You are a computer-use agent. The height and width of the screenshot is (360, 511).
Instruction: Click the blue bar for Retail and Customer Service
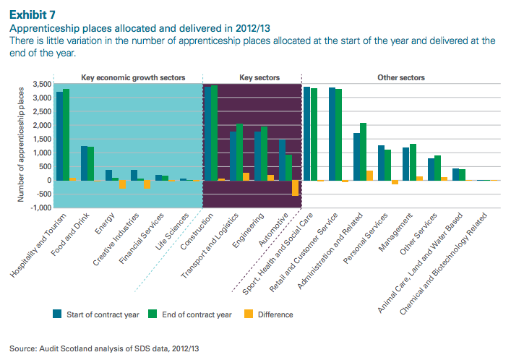coord(332,134)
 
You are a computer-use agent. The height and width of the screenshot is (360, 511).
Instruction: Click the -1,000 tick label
coord(39,208)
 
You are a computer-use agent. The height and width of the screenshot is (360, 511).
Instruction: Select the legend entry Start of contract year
coord(98,314)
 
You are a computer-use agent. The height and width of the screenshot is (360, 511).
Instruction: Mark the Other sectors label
coord(400,77)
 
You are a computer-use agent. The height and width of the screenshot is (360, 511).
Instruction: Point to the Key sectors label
coord(259,77)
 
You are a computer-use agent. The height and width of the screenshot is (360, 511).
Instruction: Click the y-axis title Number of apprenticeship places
coord(22,142)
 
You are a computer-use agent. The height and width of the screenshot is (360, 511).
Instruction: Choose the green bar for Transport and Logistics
coord(239,153)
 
